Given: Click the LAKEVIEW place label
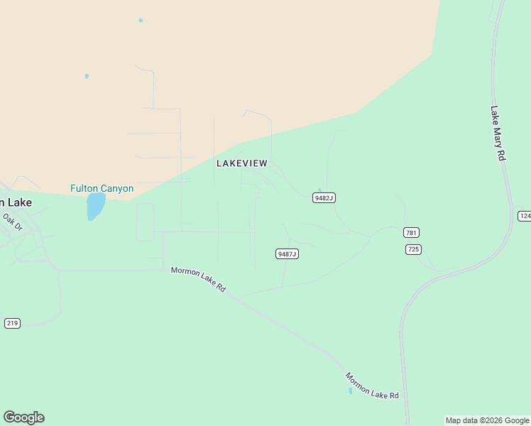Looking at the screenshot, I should click(x=242, y=163).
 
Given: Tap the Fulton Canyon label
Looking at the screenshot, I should click(x=102, y=188).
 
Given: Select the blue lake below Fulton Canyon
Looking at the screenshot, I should click(x=95, y=206).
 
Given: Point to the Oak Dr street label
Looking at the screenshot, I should click(x=12, y=222).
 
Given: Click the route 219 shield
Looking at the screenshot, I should click(x=12, y=323).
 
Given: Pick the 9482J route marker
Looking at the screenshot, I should click(x=323, y=197).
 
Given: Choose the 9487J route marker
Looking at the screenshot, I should click(x=287, y=253).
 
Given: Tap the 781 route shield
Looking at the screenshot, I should click(x=411, y=232).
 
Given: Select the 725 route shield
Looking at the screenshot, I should click(x=414, y=248).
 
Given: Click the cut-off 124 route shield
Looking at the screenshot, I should click(x=524, y=216).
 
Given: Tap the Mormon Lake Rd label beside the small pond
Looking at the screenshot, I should click(x=371, y=385).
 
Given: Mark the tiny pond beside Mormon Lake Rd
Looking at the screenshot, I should click(x=350, y=390).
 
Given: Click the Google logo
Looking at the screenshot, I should click(x=23, y=417).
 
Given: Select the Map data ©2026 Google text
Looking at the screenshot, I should click(x=488, y=420).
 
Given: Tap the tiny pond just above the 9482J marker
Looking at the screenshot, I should click(x=319, y=190).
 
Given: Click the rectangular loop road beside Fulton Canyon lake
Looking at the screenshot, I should click(x=145, y=222).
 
